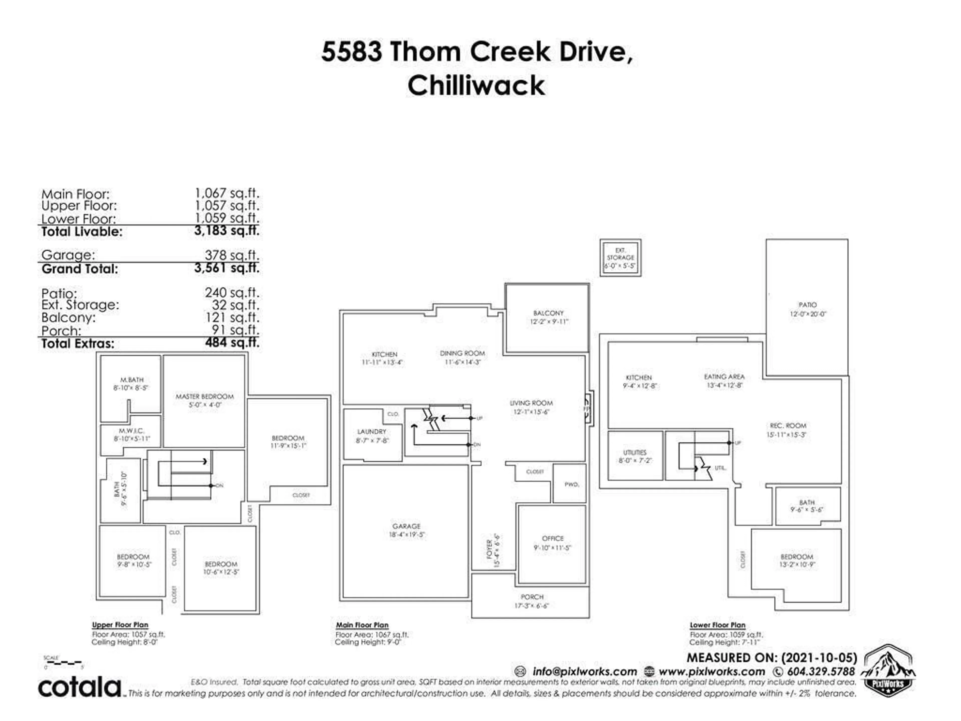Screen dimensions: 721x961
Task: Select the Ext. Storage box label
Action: [620, 257]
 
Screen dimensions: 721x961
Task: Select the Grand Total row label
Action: [80, 269]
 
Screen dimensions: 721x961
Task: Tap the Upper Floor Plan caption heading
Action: [120, 625]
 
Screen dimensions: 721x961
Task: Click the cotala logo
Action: [80, 687]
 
